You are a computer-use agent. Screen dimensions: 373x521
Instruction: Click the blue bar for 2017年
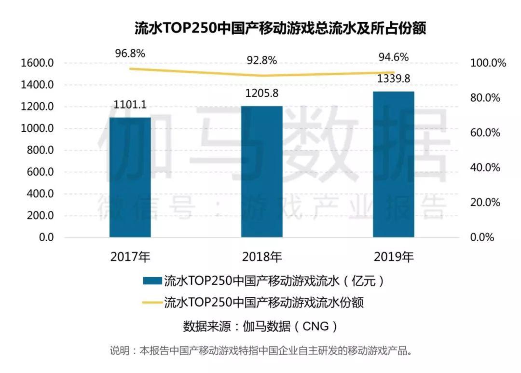[130, 177]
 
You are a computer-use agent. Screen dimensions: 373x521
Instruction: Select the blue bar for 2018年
[261, 171]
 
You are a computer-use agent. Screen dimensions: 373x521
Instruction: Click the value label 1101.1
[130, 104]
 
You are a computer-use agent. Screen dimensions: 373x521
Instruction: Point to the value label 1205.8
[261, 94]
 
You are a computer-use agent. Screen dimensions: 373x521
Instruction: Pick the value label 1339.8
[394, 79]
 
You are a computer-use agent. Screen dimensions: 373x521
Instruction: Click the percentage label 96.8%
[130, 53]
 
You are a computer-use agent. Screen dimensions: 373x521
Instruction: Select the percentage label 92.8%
[261, 61]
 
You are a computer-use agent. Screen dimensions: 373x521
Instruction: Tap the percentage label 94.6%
[394, 57]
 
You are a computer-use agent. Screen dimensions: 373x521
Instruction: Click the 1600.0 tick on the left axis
[37, 63]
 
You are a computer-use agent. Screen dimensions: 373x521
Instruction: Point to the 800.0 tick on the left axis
[39, 151]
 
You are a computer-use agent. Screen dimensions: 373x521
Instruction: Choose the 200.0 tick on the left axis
[39, 216]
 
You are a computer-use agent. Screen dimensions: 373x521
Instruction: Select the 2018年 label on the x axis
[261, 256]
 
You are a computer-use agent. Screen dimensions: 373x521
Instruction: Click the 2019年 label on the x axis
[394, 256]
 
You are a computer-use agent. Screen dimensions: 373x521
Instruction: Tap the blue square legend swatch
[151, 280]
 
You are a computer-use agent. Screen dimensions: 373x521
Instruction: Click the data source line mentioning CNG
[260, 327]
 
